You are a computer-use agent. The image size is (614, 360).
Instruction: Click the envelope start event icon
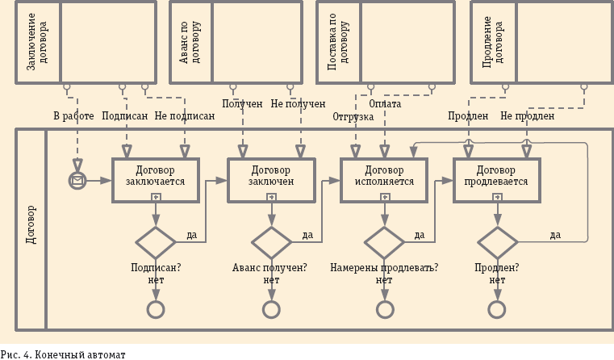tap(77, 180)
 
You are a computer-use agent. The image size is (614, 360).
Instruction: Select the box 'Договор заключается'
tap(155, 175)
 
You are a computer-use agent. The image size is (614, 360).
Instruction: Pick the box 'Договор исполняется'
tap(384, 175)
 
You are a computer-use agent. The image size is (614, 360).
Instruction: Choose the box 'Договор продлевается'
tap(497, 175)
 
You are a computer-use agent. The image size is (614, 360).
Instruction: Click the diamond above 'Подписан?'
tap(155, 241)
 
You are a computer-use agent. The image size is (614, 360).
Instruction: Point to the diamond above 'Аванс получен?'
tap(272, 241)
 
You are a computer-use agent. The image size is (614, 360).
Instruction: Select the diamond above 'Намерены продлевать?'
tap(385, 241)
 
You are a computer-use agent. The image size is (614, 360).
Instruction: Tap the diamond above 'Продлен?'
tap(498, 241)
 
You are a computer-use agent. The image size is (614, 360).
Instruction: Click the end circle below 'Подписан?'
tap(155, 309)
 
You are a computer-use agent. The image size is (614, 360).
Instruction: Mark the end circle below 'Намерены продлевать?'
tap(385, 309)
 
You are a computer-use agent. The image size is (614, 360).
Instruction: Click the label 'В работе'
tap(73, 116)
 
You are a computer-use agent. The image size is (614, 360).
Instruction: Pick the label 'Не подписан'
tap(185, 116)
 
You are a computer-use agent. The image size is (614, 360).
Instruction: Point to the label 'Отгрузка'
tap(353, 117)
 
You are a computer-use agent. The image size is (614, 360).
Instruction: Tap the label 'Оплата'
tap(385, 104)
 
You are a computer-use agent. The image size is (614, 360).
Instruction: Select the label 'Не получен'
tap(298, 104)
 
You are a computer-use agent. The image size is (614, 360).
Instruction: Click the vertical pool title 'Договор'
tap(31, 228)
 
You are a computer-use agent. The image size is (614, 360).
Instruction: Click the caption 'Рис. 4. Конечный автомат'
tap(64, 353)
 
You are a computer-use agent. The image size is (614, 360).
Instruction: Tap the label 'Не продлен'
tap(527, 116)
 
